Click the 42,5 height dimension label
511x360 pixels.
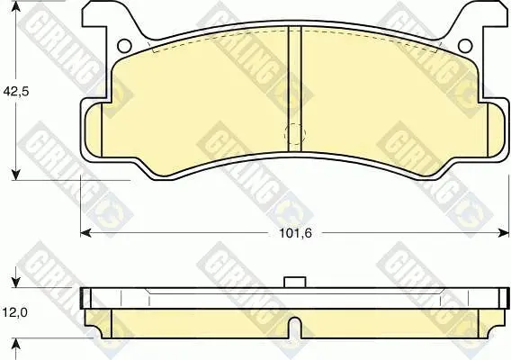16,92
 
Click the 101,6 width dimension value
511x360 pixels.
296,233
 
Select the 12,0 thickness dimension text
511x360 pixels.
15,312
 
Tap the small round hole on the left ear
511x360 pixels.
124,46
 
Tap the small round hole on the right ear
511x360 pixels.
465,46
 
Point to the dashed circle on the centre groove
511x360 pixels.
295,134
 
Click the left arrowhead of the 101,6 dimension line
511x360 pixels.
85,233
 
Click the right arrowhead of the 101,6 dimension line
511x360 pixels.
504,233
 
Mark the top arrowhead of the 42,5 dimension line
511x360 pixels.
16,6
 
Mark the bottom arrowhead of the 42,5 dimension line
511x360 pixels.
16,175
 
